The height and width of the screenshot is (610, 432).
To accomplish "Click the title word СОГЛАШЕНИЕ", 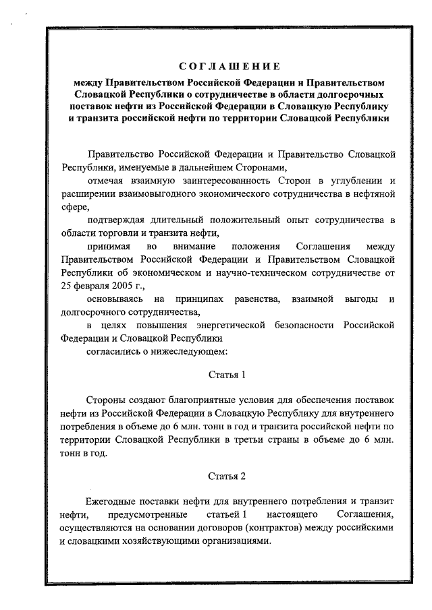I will [x=229, y=67].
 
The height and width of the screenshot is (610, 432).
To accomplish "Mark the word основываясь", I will [x=116, y=299].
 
